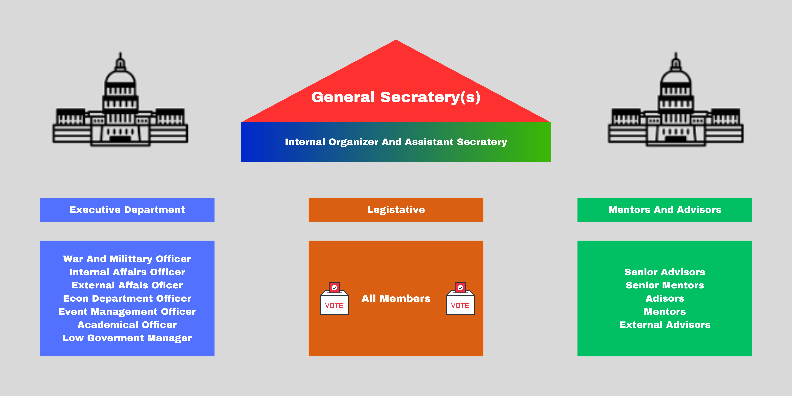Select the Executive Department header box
127,210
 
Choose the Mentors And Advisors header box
665,210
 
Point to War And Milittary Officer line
127,259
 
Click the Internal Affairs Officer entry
127,272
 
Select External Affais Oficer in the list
127,285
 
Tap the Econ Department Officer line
127,298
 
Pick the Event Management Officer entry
127,312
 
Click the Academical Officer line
127,325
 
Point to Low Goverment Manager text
127,338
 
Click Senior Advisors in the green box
665,272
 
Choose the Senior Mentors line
665,285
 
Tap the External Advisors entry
665,325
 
